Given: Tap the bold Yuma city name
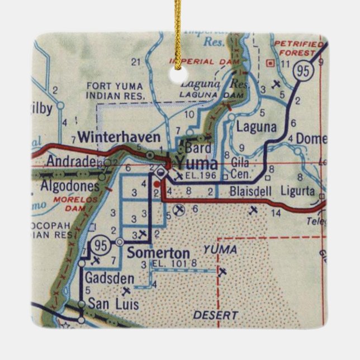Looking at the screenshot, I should [196, 163].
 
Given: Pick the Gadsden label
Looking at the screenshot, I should [110, 278].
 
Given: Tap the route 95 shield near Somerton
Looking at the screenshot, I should [101, 244].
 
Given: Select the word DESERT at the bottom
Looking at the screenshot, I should [215, 316].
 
